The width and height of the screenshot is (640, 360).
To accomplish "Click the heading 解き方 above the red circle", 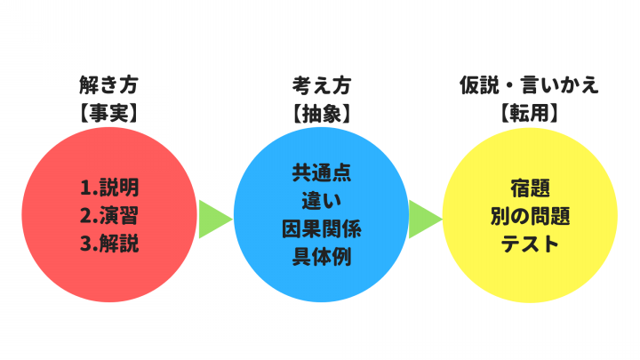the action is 109,85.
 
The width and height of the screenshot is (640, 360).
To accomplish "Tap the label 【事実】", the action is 109,113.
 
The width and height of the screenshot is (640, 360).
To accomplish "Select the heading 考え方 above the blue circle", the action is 322,85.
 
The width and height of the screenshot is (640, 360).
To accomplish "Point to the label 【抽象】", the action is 322,113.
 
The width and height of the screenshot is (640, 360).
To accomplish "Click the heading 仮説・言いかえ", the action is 530,85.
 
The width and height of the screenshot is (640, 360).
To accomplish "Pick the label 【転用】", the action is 530,113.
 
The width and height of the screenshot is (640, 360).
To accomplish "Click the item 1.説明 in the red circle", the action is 109,188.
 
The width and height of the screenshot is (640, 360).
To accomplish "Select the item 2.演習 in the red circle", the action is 109,215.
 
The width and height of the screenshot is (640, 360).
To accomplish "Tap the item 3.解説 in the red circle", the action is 109,244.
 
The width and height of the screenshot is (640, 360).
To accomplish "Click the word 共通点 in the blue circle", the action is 322,173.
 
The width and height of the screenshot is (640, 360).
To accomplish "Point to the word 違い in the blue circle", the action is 322,201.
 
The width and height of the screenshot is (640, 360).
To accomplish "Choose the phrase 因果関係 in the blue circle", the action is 322,228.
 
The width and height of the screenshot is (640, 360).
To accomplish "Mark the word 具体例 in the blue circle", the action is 322,257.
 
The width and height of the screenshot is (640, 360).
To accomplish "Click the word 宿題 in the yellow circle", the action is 530,188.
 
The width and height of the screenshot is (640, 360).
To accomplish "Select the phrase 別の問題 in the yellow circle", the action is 530,216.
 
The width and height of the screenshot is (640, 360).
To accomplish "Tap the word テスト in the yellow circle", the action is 530,244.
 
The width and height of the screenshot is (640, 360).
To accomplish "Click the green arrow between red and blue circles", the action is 215,220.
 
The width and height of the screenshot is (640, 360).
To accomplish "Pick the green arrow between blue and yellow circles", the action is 425,220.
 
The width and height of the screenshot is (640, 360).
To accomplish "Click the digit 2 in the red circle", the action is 85,216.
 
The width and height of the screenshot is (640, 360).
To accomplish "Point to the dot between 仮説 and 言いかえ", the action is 510,86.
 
